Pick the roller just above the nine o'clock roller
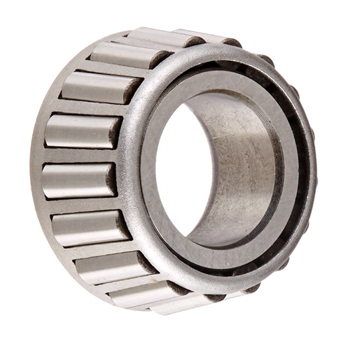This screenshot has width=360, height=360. click(79, 131)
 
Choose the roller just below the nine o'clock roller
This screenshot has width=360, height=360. click(88, 226)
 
